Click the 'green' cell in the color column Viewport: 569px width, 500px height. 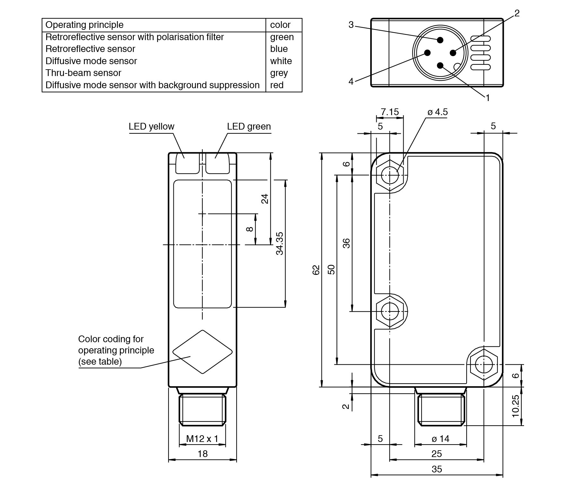point(282,37)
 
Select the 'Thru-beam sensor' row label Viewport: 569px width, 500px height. point(83,73)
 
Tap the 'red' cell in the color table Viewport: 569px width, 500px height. point(277,85)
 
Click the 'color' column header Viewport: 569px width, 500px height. point(280,25)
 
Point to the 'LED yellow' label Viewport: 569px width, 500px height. point(151,127)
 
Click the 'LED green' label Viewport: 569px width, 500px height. point(249,127)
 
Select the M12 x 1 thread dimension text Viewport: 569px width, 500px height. point(202,438)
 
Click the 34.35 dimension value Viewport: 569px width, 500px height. point(280,243)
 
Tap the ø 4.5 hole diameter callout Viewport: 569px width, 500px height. point(437,112)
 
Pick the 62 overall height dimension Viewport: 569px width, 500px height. point(316,270)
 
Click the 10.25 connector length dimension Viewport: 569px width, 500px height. point(515,406)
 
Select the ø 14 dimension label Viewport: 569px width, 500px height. point(440,439)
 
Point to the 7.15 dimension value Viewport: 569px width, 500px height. point(390,112)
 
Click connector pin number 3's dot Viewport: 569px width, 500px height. point(440,40)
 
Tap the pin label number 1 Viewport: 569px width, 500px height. point(488,98)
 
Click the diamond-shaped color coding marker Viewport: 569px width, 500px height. point(202,352)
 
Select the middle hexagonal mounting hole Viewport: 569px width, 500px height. point(390,311)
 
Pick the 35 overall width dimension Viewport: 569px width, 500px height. point(437,469)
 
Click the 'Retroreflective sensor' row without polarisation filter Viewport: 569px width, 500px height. point(90,49)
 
